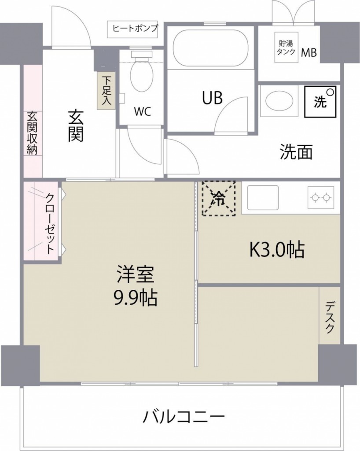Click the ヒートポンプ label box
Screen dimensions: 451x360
pyautogui.click(x=135, y=29)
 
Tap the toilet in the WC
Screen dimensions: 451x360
pyautogui.click(x=141, y=73)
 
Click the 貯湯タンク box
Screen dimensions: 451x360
pyautogui.click(x=285, y=47)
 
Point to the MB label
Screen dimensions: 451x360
pyautogui.click(x=309, y=53)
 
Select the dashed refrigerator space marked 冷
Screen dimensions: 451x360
pyautogui.click(x=218, y=198)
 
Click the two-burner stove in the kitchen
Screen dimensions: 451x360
pyautogui.click(x=320, y=197)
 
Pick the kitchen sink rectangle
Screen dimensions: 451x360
pyautogui.click(x=263, y=197)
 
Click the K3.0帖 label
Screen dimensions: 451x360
pyautogui.click(x=277, y=250)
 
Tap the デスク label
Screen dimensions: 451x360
pyautogui.click(x=330, y=317)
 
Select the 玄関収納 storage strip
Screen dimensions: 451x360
pyautogui.click(x=33, y=133)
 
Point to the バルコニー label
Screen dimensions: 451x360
pyautogui.click(x=184, y=416)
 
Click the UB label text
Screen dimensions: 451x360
pyautogui.click(x=212, y=98)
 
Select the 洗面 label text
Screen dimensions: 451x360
pyautogui.click(x=296, y=152)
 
